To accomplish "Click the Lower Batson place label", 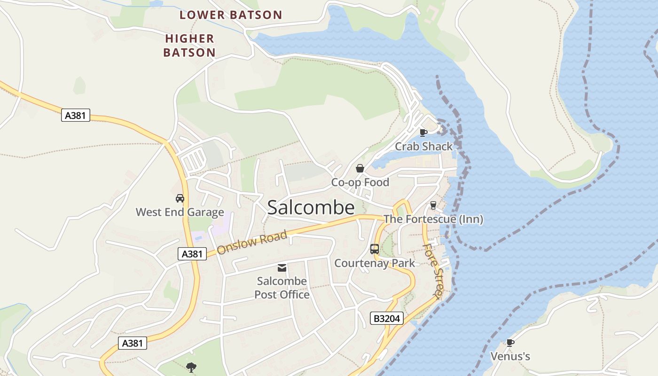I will pos(230,15).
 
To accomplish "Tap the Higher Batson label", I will pos(189,45).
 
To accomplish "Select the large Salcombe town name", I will pos(311,208).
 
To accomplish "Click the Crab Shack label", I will pos(423,146).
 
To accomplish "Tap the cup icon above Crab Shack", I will pos(423,133).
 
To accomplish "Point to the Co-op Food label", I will pos(360,182).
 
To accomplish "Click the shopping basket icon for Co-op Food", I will pos(360,168).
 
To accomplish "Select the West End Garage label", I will pos(180,212).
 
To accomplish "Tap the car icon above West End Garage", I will pos(180,198).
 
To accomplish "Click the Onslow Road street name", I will pos(252,242).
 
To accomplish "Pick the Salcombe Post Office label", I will pos(282,288).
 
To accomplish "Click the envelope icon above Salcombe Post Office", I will pos(282,268).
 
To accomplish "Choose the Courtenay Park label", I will pos(375,263).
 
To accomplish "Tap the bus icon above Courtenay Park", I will pos(375,249).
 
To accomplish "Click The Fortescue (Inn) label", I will pos(433,219).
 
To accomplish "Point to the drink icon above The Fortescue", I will pos(433,205).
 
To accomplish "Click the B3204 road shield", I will pos(386,319).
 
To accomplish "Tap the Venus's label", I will pos(510,356).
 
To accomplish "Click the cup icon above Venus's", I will pos(510,343).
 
